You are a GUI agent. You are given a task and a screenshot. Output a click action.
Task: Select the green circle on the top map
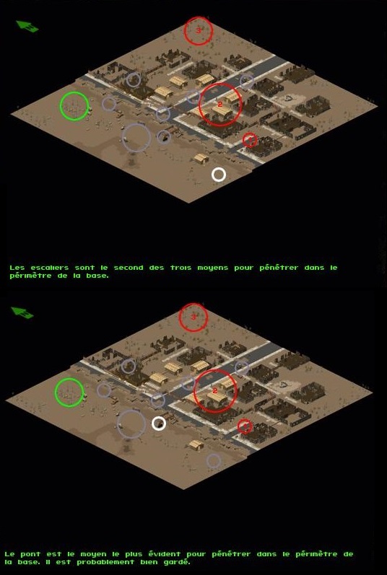click(x=74, y=92)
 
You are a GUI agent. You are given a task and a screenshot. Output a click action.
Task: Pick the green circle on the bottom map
click(x=69, y=379)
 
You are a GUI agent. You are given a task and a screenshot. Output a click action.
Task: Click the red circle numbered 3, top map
click(x=199, y=17)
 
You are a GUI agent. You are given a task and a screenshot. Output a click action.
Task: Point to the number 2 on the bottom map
click(x=215, y=391)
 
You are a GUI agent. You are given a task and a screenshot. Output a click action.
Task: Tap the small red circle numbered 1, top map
click(x=250, y=133)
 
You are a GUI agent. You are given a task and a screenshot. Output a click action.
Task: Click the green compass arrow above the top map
click(x=27, y=27)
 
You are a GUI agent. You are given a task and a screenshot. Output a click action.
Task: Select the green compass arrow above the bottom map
click(x=22, y=312)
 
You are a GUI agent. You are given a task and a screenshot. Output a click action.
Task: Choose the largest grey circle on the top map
click(x=136, y=123)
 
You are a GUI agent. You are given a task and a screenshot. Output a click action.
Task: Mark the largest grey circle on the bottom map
click(x=131, y=410)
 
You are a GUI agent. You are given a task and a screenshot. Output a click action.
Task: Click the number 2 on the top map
click(x=219, y=105)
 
